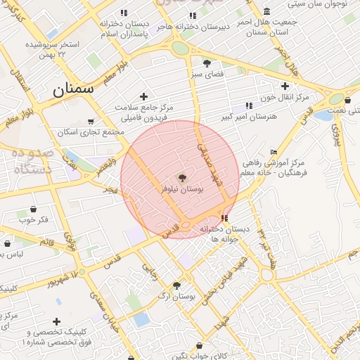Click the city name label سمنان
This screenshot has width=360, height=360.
pyautogui.click(x=73, y=90)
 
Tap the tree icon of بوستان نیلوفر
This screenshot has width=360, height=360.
pyautogui.click(x=183, y=178)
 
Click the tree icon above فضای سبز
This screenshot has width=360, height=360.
pyautogui.click(x=207, y=62)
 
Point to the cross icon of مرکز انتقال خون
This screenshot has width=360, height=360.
pyautogui.click(x=285, y=86)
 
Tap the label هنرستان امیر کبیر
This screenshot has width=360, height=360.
pyautogui.click(x=249, y=116)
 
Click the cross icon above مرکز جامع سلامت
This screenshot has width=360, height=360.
pyautogui.click(x=144, y=96)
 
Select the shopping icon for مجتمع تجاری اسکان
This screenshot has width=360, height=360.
pyautogui.click(x=90, y=122)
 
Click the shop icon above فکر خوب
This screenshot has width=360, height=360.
pyautogui.click(x=33, y=210)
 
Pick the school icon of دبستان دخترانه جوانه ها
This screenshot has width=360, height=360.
pyautogui.click(x=224, y=219)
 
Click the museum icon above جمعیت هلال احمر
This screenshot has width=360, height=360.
pyautogui.click(x=267, y=12)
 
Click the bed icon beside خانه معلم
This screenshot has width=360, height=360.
pyautogui.click(x=274, y=152)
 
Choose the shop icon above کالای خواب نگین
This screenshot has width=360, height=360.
pyautogui.click(x=200, y=346)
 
